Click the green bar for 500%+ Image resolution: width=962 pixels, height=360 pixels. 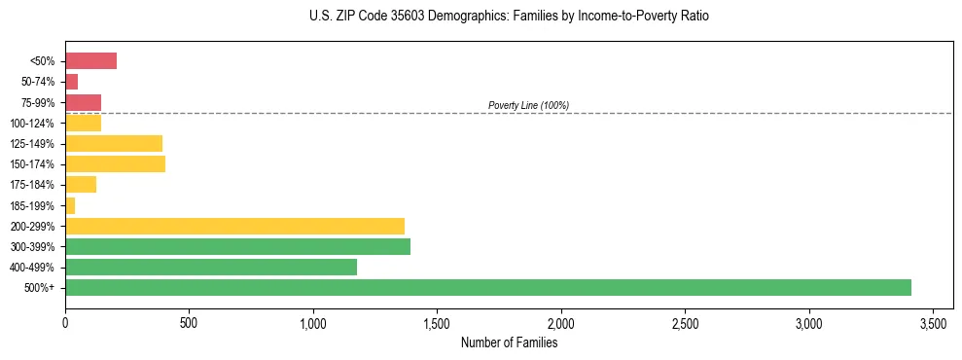coord(487,287)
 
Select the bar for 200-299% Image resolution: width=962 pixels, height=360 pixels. coord(234,226)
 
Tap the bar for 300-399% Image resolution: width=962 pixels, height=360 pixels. coord(237,246)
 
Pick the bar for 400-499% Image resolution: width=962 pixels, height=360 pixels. coord(211,267)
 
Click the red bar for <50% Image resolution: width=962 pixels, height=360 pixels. coord(90,61)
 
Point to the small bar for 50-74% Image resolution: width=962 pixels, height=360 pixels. coord(71,82)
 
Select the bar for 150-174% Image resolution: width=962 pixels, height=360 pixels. coord(115,163)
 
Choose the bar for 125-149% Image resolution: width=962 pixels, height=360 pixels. coord(114,143)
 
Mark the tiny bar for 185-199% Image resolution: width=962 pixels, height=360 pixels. coord(70,205)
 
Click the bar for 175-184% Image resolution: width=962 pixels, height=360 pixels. coord(81,185)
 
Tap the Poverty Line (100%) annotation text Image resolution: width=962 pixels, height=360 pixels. coord(528,105)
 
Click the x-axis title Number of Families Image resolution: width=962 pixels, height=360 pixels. coord(509,342)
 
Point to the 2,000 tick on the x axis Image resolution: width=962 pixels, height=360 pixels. coord(561,322)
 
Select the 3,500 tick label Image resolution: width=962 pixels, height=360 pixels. coord(933,322)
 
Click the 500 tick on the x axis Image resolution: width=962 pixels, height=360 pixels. coord(189,322)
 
